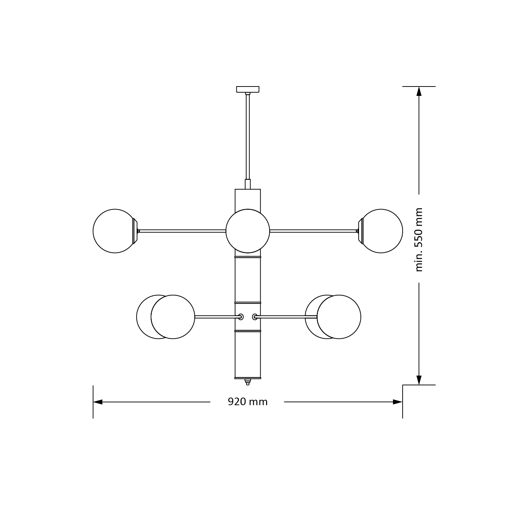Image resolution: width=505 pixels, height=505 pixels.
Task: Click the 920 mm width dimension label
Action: click(x=248, y=402)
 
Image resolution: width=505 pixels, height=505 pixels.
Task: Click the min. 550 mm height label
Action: click(x=418, y=239)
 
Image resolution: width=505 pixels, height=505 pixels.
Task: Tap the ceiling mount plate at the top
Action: click(x=248, y=89)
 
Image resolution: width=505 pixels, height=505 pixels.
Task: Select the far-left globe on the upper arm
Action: click(x=114, y=231)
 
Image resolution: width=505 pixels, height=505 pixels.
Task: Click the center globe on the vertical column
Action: click(x=248, y=231)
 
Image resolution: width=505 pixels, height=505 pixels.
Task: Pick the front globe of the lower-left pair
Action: click(x=173, y=317)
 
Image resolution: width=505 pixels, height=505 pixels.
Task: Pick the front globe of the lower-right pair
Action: click(x=339, y=317)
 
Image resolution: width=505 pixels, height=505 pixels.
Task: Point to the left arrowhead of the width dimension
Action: click(x=98, y=402)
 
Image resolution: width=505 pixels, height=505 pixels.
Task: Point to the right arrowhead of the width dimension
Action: click(x=398, y=402)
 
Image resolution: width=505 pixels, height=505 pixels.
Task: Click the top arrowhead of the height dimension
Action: click(x=419, y=91)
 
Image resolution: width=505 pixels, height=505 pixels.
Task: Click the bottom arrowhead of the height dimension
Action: click(x=419, y=380)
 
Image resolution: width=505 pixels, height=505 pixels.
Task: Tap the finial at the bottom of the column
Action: click(x=248, y=382)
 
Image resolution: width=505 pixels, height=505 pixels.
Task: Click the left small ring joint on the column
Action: click(x=241, y=317)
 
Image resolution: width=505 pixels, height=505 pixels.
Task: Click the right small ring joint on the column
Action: click(x=255, y=317)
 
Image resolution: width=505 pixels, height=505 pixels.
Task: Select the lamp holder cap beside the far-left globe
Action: click(x=136, y=231)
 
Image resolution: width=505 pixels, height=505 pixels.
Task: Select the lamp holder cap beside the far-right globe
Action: click(x=360, y=231)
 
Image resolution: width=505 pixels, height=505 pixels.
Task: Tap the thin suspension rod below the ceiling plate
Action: click(x=248, y=137)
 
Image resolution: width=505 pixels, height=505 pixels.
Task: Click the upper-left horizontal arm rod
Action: click(x=182, y=231)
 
